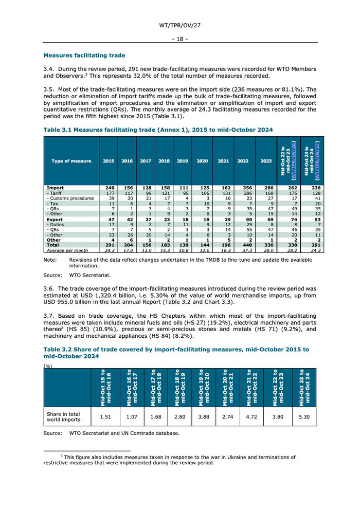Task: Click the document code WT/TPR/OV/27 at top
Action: (179, 25)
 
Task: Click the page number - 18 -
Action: (179, 39)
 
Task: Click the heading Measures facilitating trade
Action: (84, 56)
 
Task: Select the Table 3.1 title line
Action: (158, 130)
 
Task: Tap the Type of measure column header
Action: (71, 161)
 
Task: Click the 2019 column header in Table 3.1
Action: (182, 161)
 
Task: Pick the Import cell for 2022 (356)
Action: (243, 188)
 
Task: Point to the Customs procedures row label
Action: (70, 198)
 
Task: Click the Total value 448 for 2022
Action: (243, 246)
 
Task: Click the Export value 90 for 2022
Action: (243, 219)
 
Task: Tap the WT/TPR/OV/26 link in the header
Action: (293, 161)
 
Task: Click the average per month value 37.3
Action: (243, 251)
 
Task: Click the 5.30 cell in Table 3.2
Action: (304, 417)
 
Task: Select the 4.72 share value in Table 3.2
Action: (250, 417)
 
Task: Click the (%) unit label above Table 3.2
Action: (48, 366)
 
